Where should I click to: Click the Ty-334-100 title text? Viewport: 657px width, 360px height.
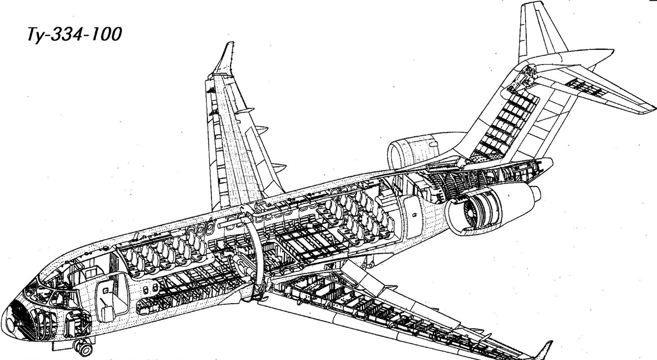pyautogui.click(x=74, y=34)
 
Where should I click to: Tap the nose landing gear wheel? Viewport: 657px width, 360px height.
pyautogui.click(x=84, y=348)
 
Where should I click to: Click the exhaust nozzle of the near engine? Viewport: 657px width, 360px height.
pyautogui.click(x=534, y=194)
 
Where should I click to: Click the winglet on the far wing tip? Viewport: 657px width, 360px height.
pyautogui.click(x=224, y=58)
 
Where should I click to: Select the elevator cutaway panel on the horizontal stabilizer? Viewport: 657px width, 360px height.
pyautogui.click(x=586, y=88)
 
